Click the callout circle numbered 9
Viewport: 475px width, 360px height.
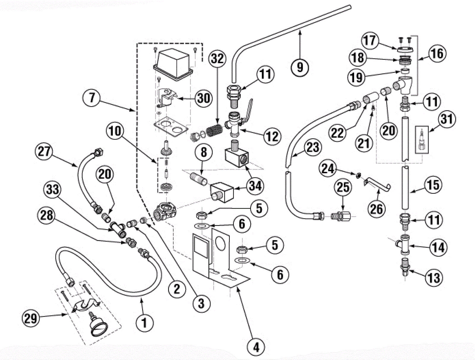(x=300, y=67)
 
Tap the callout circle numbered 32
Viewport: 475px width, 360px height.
(x=217, y=58)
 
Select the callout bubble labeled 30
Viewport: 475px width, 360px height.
(x=204, y=98)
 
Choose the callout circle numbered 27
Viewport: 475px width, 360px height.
(x=44, y=151)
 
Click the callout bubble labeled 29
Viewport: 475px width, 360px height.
(x=31, y=318)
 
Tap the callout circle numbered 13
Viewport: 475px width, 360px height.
(x=434, y=278)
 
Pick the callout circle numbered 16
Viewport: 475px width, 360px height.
(x=437, y=54)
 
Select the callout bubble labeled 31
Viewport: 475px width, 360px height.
(x=446, y=119)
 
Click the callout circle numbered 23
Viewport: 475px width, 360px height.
(x=313, y=148)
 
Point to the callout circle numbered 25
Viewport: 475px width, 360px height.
(x=343, y=187)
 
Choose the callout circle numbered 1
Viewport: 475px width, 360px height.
(x=145, y=322)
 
